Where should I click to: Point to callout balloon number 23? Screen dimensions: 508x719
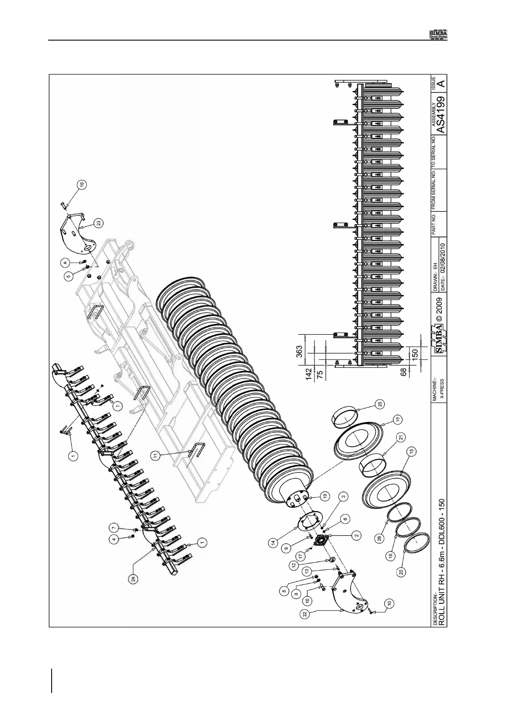click(99, 222)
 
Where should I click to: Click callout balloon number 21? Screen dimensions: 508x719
click(401, 437)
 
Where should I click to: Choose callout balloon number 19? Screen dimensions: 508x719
click(325, 496)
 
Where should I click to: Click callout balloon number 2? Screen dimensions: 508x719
click(356, 534)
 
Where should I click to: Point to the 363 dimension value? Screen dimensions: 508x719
click(299, 351)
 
